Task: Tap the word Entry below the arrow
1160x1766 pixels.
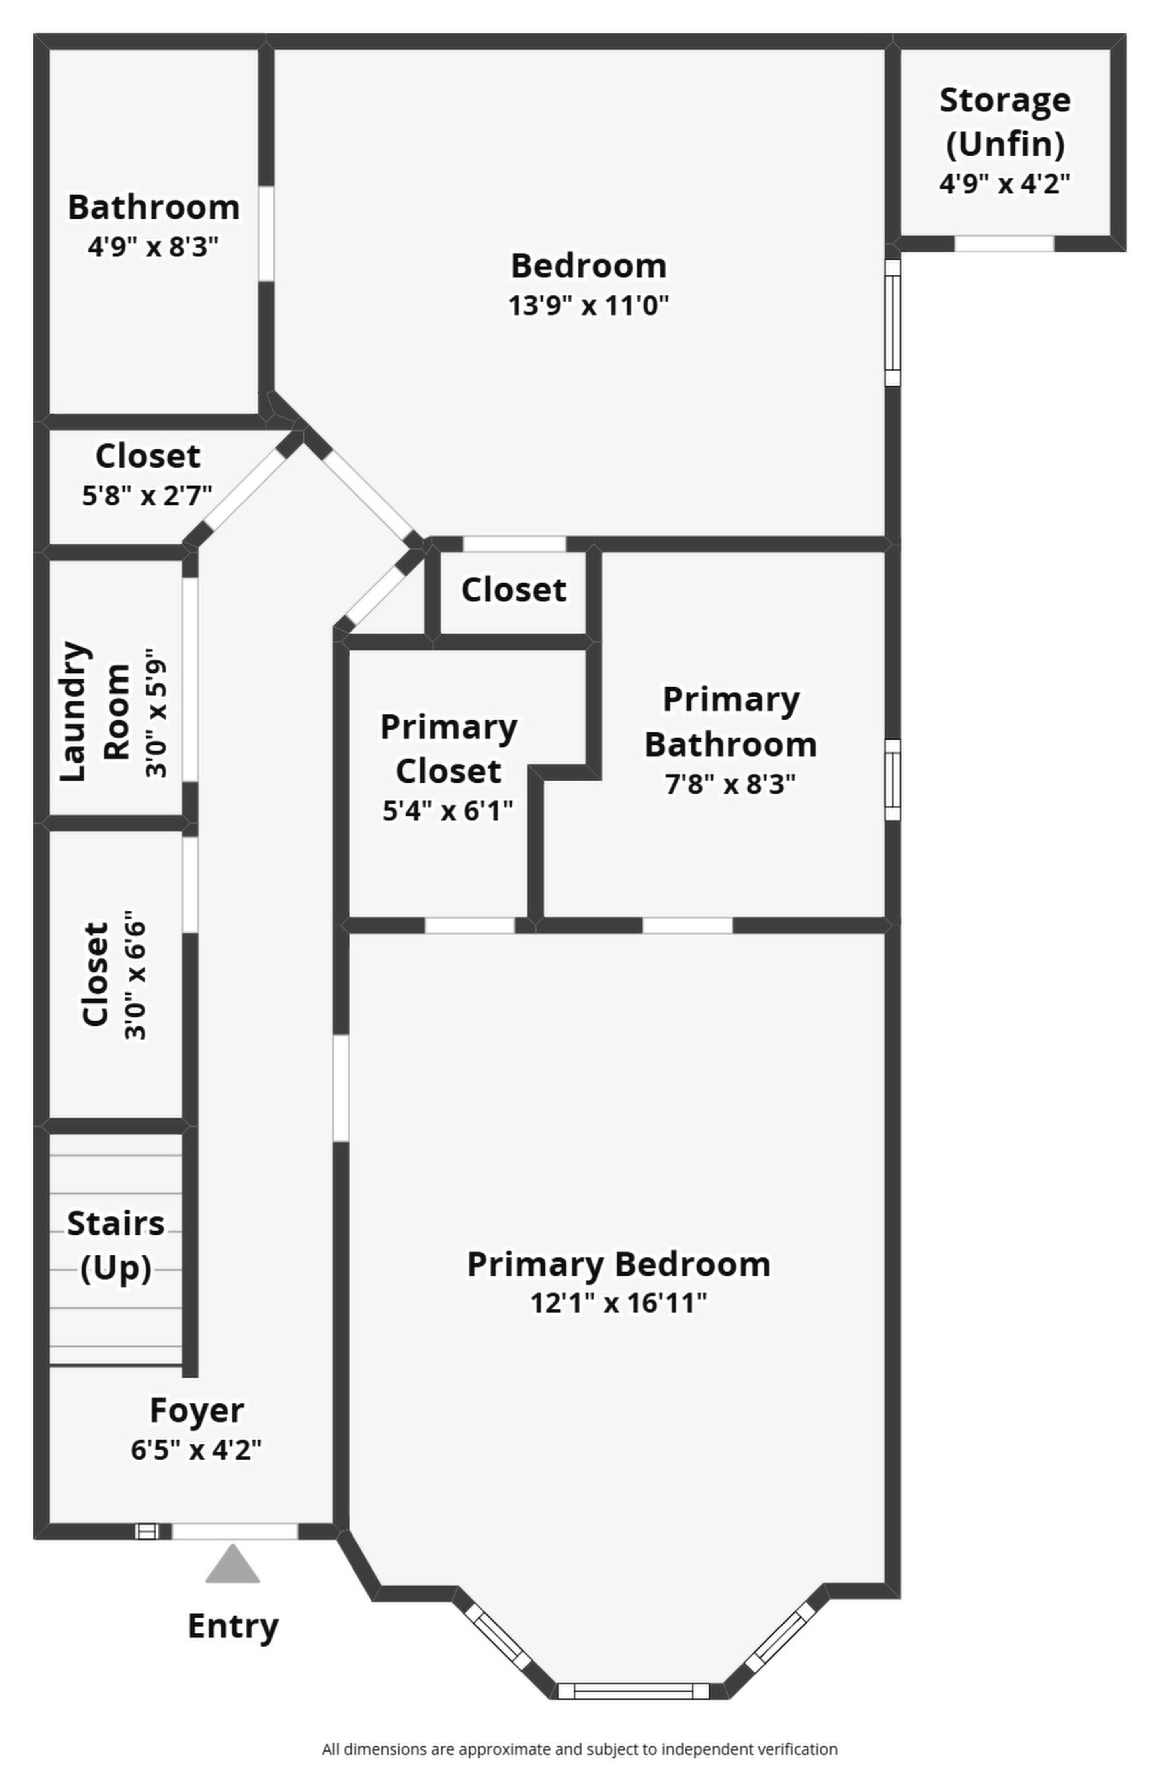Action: pos(233,1627)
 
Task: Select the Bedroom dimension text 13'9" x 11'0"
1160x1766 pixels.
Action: pos(588,305)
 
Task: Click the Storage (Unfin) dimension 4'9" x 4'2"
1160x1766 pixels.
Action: pos(1005,183)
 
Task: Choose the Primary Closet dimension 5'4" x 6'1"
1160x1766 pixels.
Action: pos(447,810)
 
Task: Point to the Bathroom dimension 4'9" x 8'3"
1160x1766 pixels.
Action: pos(154,246)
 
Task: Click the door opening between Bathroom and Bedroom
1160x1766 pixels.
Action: pos(266,234)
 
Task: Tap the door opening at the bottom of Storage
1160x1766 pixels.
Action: pos(1004,243)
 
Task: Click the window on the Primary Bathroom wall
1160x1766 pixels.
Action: pos(893,780)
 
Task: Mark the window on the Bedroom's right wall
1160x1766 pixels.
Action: pos(893,322)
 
